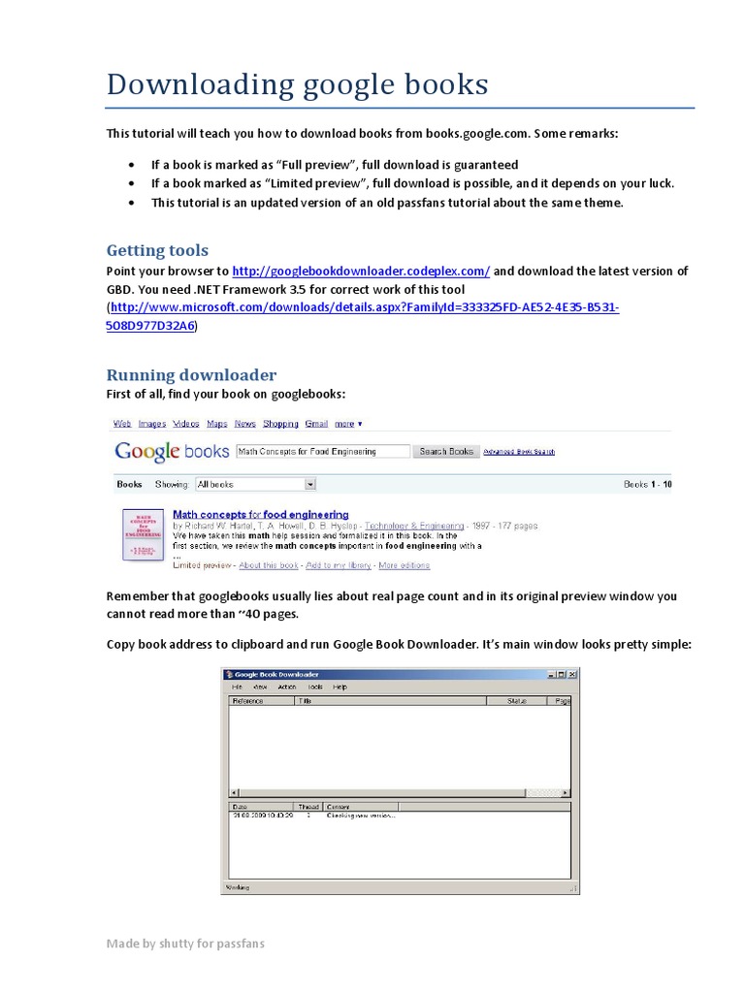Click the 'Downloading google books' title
pos(297,84)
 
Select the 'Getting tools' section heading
pos(156,250)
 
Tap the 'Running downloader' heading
pos(191,374)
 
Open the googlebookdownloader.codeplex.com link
pos(361,272)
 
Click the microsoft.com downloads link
pos(364,307)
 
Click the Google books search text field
pos(321,451)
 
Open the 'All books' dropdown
pos(256,484)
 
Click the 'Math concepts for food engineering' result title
pos(260,514)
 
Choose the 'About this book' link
pos(268,565)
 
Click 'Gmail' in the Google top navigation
pos(316,424)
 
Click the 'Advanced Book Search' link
pos(519,452)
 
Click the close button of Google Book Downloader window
pos(572,674)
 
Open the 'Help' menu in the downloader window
pos(340,687)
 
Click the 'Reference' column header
pos(248,699)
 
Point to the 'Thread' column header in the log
pos(308,806)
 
